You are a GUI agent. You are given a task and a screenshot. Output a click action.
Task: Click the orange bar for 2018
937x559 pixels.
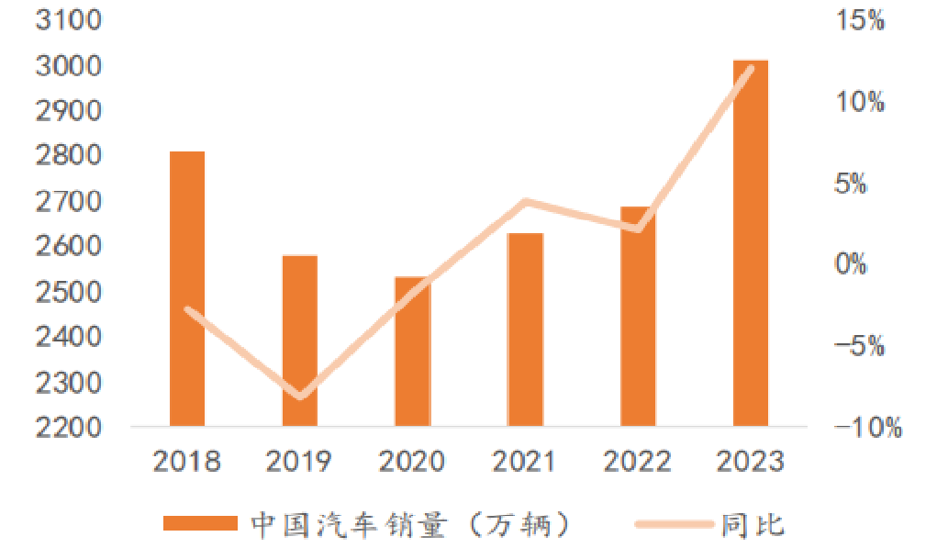click(187, 288)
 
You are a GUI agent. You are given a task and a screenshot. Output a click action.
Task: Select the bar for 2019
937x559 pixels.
click(299, 341)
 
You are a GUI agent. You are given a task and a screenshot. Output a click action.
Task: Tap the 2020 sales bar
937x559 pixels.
click(412, 352)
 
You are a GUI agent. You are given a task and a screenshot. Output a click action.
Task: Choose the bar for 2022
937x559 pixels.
click(638, 316)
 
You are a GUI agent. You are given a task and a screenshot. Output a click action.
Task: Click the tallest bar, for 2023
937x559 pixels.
click(750, 243)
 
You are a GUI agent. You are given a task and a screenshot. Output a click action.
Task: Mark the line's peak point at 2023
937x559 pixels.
click(751, 69)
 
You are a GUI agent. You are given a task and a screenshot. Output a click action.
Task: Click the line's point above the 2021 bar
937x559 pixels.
click(525, 201)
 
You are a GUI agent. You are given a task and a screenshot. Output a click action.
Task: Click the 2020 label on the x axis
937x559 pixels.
click(412, 461)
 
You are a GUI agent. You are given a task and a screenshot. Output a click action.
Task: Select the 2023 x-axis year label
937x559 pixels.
click(750, 461)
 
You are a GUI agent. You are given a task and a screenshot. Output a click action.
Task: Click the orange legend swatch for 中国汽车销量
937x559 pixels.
click(199, 524)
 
